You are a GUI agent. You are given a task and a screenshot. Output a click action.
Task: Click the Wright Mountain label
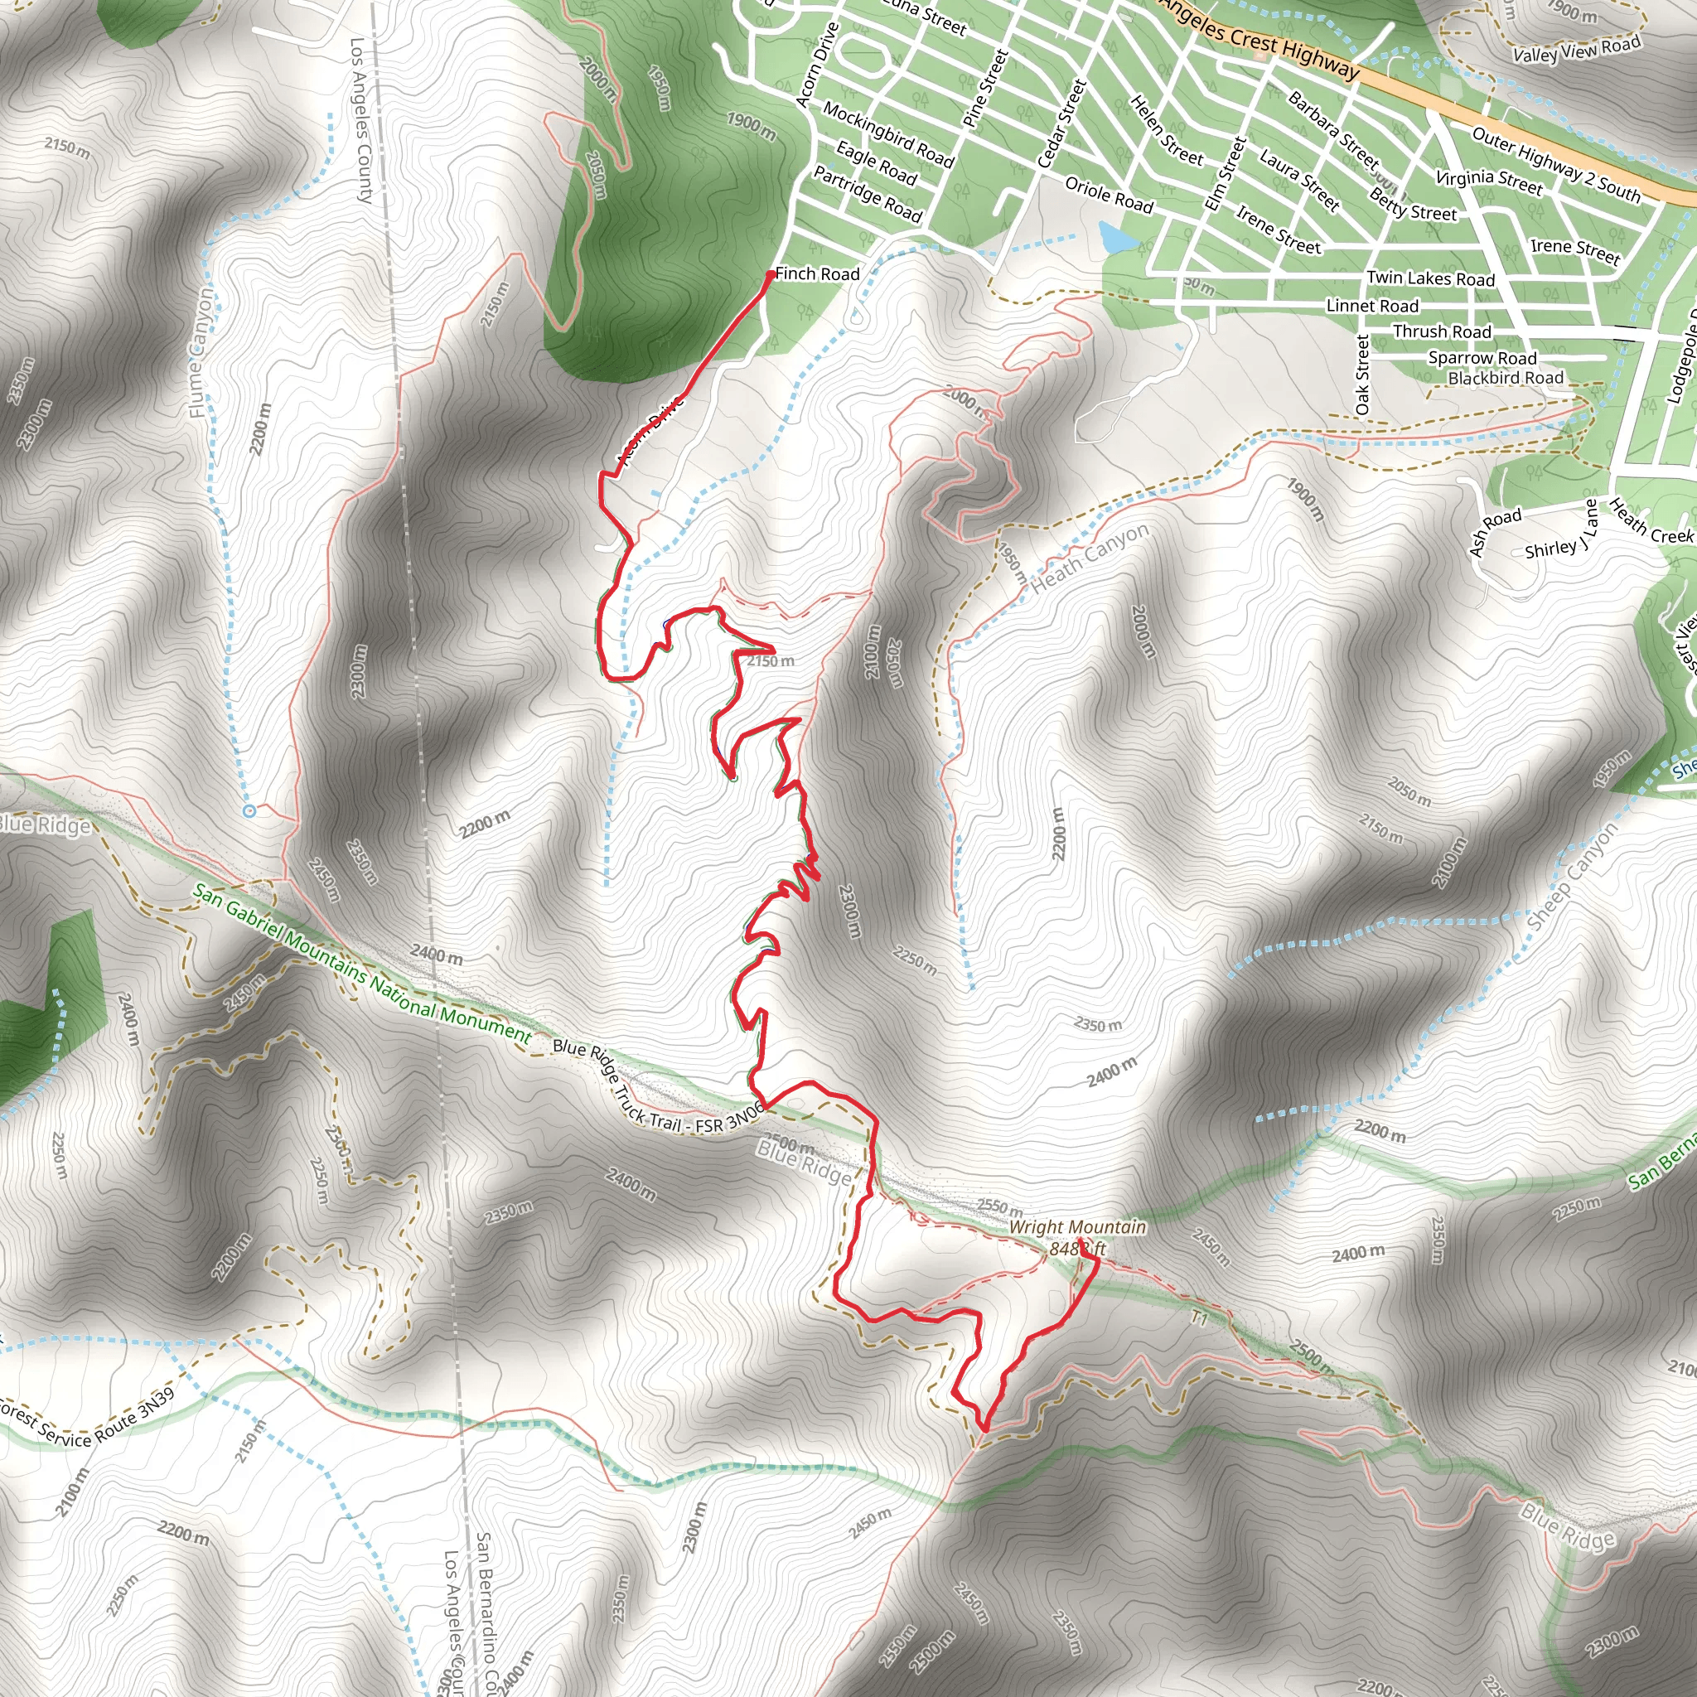[1077, 1227]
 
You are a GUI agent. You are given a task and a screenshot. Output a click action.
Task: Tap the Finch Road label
[817, 274]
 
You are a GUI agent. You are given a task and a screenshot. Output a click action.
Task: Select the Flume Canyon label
[201, 351]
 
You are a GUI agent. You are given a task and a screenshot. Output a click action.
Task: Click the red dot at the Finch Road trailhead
[771, 275]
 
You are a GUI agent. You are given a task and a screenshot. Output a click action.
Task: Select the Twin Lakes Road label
[1430, 278]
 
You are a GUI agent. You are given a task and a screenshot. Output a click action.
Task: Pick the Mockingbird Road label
[887, 133]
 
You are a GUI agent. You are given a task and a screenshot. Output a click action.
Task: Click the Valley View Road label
[1576, 50]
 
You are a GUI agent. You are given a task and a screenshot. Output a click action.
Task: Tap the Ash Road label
[1494, 530]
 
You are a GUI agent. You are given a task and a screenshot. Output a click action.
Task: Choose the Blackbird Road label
[1506, 378]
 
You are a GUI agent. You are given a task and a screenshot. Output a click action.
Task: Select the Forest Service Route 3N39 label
[88, 1417]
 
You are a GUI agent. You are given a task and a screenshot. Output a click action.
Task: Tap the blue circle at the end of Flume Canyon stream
[249, 810]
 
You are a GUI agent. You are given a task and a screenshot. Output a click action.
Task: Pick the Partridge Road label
[867, 194]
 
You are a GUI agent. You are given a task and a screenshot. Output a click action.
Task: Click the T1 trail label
[1199, 1318]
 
